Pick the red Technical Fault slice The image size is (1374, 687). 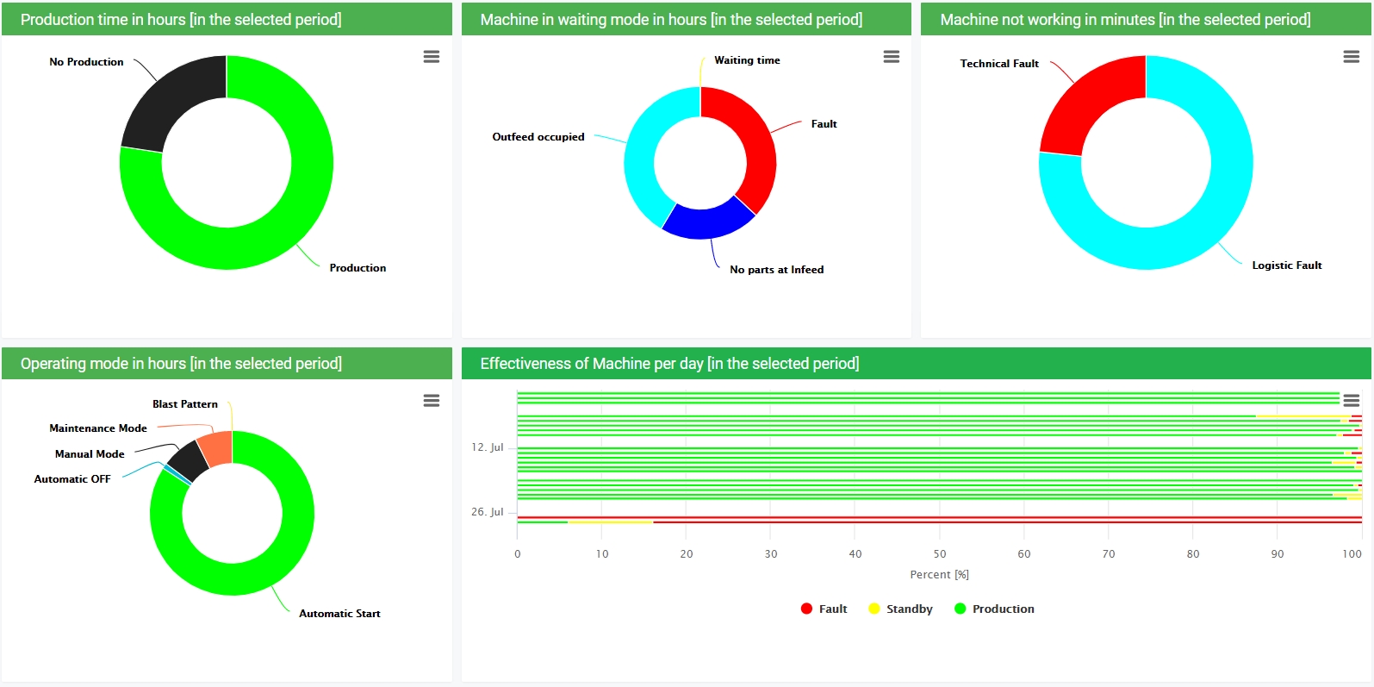click(1088, 103)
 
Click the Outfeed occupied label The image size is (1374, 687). click(538, 137)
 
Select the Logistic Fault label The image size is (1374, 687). click(1286, 265)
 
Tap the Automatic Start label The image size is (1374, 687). click(339, 614)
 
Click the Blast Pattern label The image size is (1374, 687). click(185, 404)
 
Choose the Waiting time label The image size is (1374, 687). click(747, 60)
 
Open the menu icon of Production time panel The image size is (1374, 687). click(432, 57)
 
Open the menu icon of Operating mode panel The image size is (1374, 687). click(432, 401)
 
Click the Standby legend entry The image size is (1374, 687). click(909, 609)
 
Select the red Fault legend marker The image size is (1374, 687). click(806, 609)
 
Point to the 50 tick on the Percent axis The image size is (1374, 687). click(940, 554)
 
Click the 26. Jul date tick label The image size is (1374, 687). click(487, 512)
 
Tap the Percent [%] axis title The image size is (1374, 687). click(939, 575)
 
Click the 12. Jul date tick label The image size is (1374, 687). click(487, 447)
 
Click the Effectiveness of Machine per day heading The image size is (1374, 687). click(669, 364)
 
